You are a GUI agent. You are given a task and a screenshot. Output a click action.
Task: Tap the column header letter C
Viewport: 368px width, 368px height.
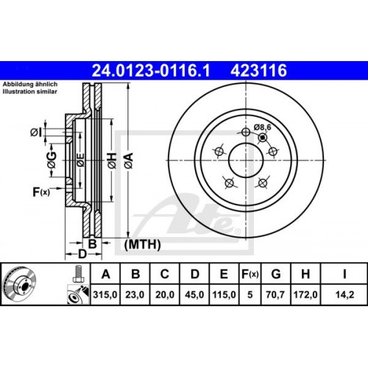165,275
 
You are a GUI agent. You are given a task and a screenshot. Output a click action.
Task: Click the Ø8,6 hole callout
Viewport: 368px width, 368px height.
263,127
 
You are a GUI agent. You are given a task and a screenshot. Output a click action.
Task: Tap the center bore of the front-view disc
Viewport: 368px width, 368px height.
245,158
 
